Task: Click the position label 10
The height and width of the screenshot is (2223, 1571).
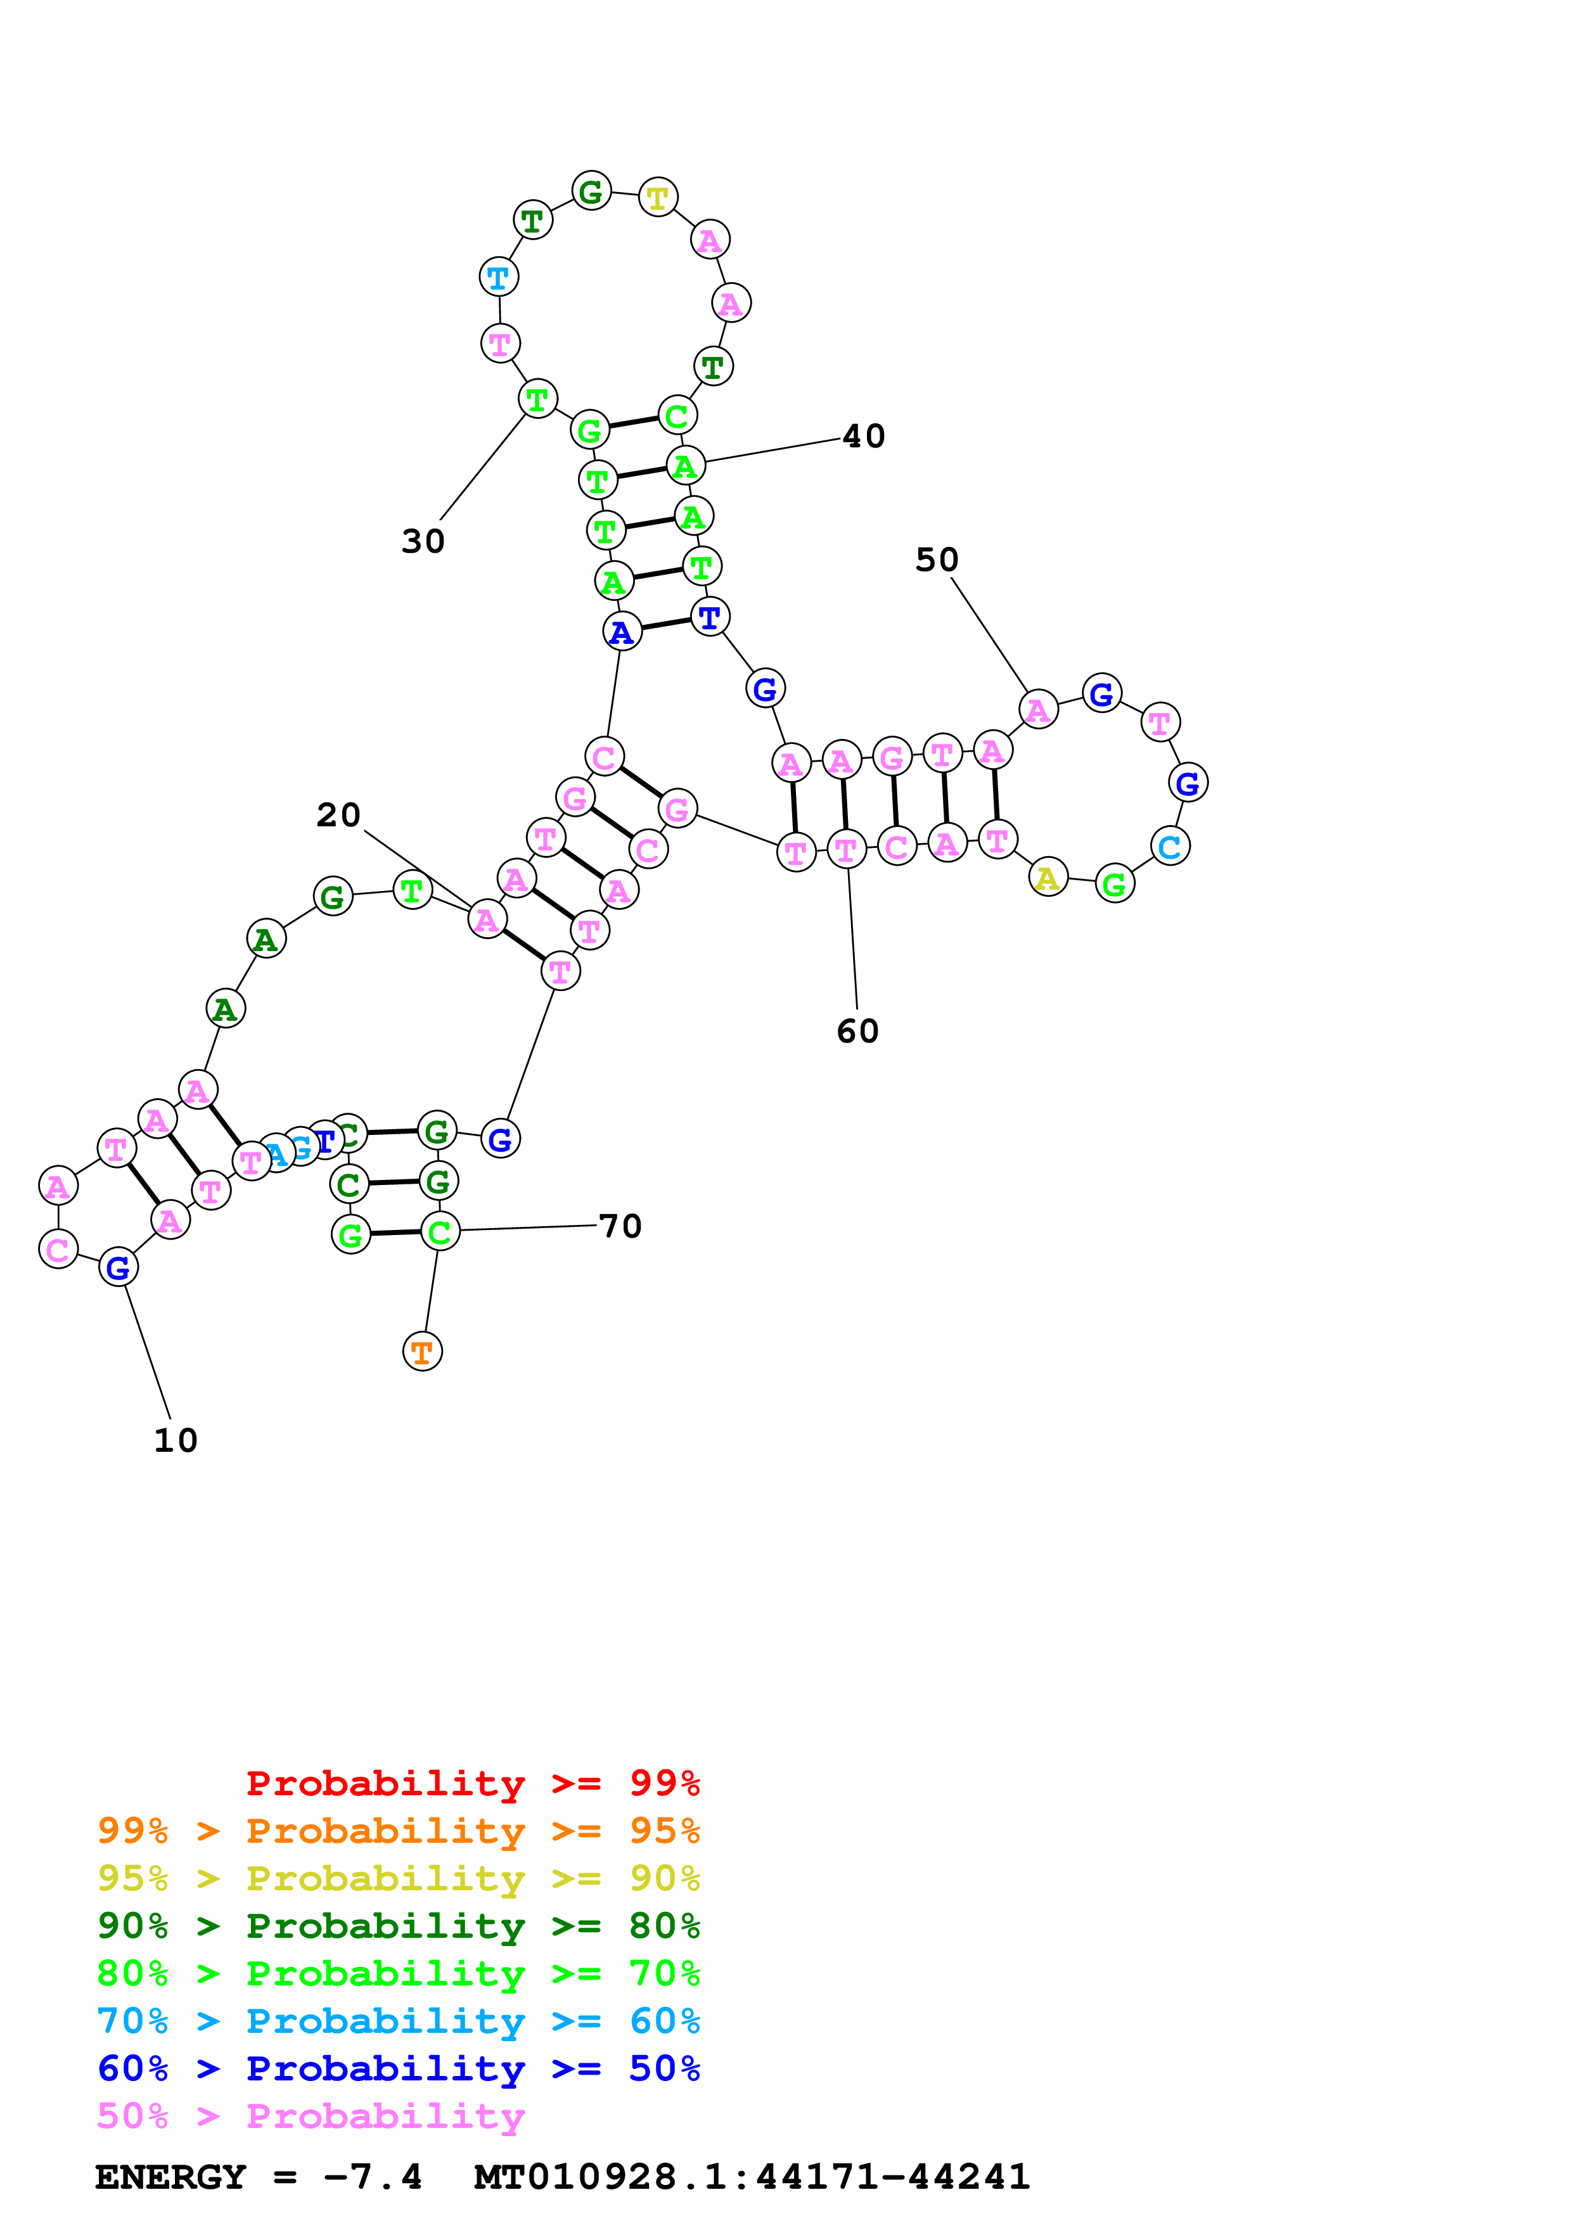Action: point(175,1440)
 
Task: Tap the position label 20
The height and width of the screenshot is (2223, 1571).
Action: point(338,815)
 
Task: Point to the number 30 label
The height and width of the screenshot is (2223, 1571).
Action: point(423,541)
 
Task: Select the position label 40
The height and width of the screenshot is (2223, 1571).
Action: point(863,437)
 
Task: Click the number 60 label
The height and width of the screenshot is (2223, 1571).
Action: point(857,1031)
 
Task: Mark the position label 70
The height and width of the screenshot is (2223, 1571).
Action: point(620,1227)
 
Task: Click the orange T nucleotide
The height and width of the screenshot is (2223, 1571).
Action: point(422,1352)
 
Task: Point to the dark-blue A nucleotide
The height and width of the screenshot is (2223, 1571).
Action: point(622,632)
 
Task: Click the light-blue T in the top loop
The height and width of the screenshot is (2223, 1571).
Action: point(499,278)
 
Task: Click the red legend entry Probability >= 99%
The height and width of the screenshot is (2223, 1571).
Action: point(472,1783)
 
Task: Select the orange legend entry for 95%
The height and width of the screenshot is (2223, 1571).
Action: point(398,1831)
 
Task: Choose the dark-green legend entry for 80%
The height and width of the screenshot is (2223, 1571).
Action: point(398,1926)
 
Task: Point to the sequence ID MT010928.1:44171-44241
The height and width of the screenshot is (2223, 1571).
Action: point(751,2177)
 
